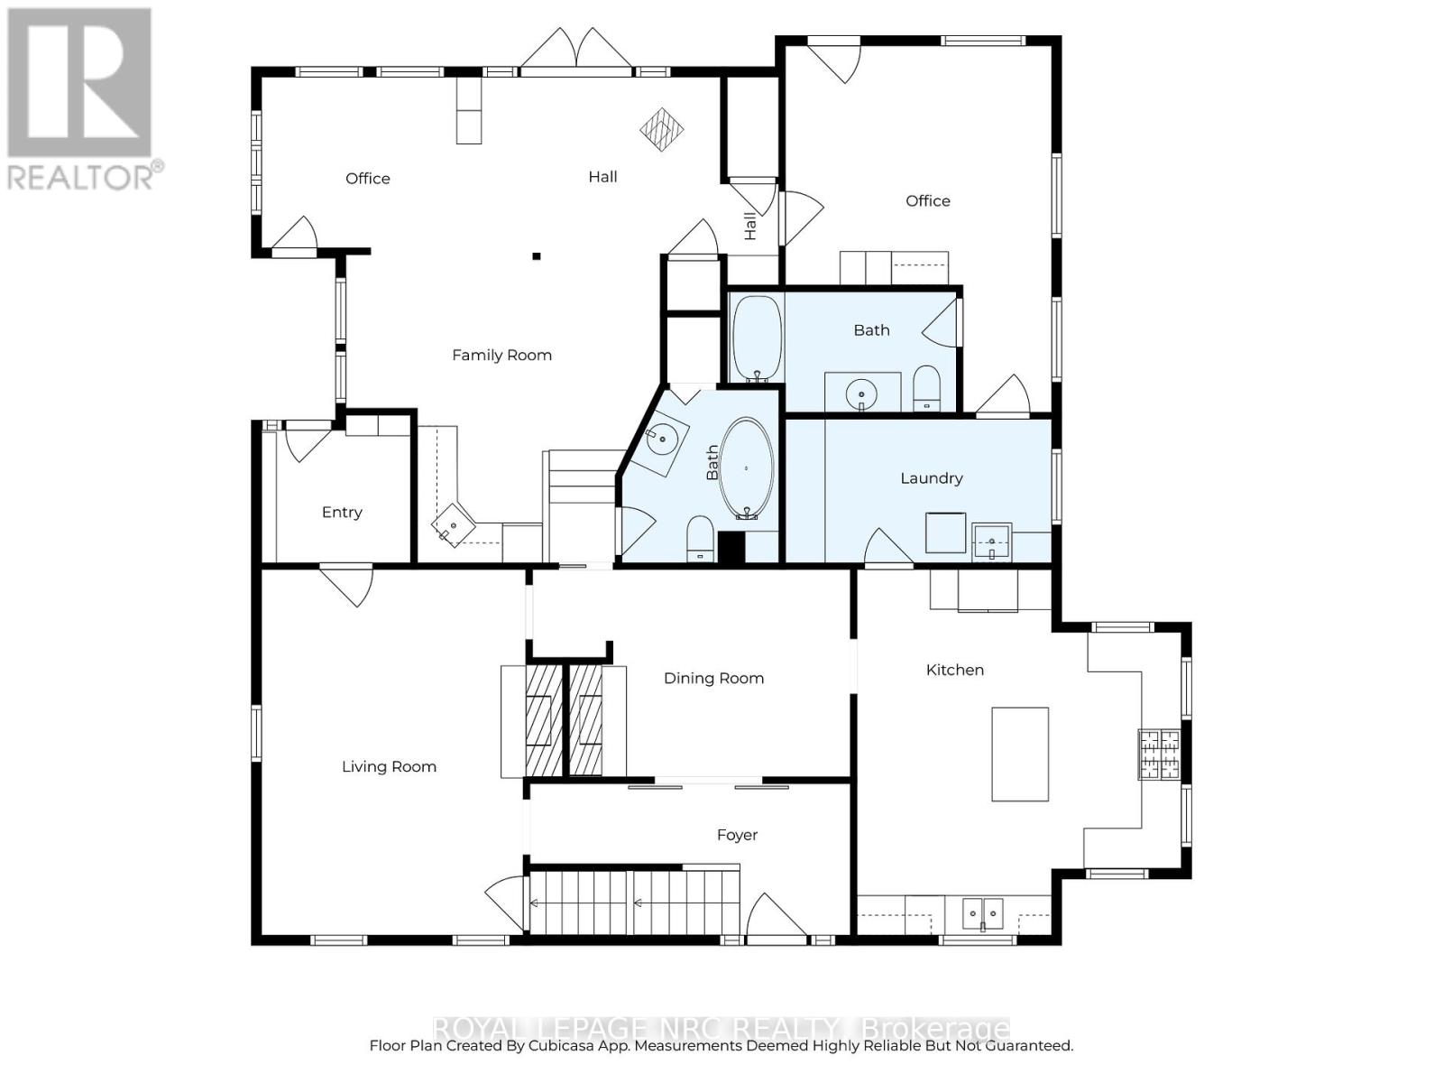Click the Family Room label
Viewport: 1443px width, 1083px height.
coord(501,356)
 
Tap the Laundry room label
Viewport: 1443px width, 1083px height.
coord(931,478)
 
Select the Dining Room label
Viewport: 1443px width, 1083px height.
coord(713,679)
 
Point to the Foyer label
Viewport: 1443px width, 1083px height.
coord(737,836)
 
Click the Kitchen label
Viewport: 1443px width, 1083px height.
coord(954,671)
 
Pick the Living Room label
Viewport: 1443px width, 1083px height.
coord(389,767)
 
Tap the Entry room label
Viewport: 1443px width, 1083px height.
coord(342,513)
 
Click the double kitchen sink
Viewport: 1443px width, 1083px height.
coord(982,913)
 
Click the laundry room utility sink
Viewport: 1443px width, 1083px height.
coord(992,541)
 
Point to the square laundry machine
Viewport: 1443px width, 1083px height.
coord(945,532)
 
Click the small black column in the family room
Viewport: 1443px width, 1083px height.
coord(536,256)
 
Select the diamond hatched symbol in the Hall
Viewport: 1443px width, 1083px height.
coord(661,128)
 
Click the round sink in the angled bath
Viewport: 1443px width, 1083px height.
coord(662,440)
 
